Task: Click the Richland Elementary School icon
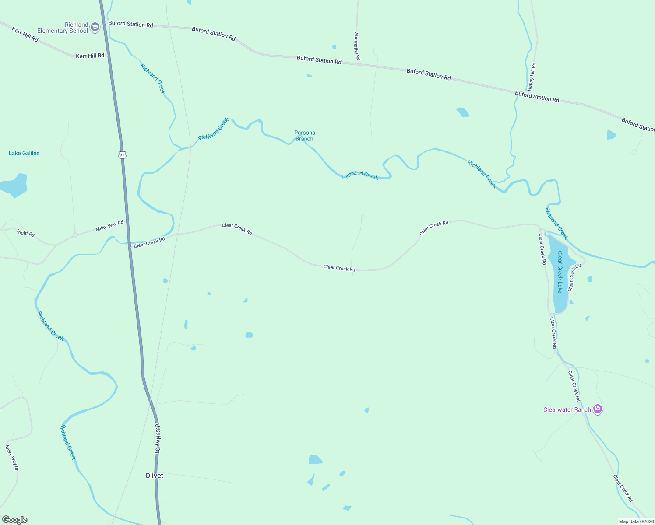pyautogui.click(x=95, y=28)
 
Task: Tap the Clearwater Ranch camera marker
pyautogui.click(x=598, y=409)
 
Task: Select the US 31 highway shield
pyautogui.click(x=122, y=154)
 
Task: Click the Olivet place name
pyautogui.click(x=154, y=476)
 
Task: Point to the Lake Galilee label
pyautogui.click(x=24, y=153)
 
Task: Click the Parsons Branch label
pyautogui.click(x=305, y=136)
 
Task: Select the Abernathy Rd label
pyautogui.click(x=357, y=46)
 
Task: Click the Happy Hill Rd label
pyautogui.click(x=532, y=77)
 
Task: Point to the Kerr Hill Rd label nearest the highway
pyautogui.click(x=90, y=56)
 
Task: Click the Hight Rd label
pyautogui.click(x=25, y=233)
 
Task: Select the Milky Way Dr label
pyautogui.click(x=12, y=457)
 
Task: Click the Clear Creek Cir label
pyautogui.click(x=574, y=277)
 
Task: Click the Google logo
pyautogui.click(x=15, y=520)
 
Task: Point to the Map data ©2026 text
pyautogui.click(x=636, y=521)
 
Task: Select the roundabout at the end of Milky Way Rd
pyautogui.click(x=75, y=235)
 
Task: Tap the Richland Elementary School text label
pyautogui.click(x=63, y=28)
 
